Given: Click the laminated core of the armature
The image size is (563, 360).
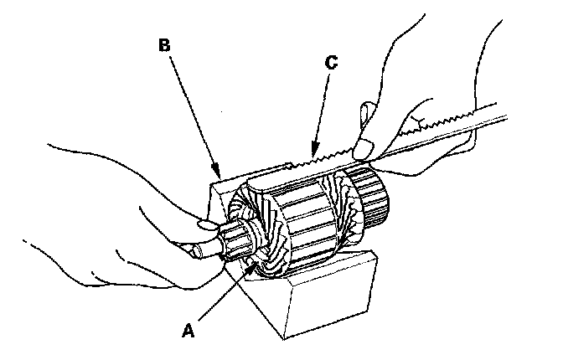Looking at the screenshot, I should coord(305,222).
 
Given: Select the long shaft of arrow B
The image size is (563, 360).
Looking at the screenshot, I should coord(193,109).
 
